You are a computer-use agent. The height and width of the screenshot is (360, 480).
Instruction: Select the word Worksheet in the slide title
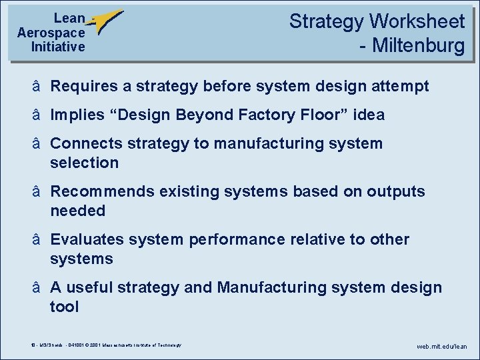click(x=417, y=21)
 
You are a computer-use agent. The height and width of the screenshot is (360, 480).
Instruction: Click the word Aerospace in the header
click(x=51, y=33)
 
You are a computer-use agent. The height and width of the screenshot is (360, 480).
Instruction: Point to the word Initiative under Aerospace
click(x=58, y=47)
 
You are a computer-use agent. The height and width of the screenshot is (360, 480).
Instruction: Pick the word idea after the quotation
click(x=369, y=115)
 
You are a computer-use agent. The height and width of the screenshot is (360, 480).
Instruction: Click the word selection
click(x=84, y=163)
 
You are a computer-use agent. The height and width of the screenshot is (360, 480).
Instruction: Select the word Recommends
click(x=101, y=191)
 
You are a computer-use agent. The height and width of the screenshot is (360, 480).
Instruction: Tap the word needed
click(x=77, y=211)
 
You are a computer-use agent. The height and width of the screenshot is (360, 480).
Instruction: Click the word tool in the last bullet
click(x=64, y=307)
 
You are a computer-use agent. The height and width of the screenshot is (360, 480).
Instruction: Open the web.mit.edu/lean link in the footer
click(x=442, y=347)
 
